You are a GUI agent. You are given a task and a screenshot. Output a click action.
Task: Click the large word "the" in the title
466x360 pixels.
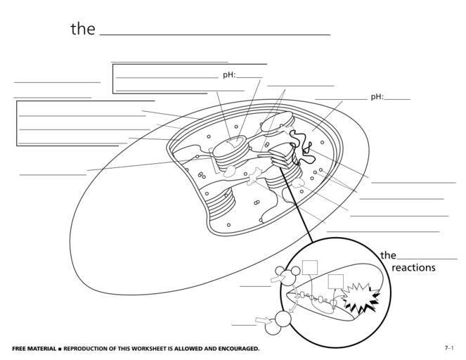82,29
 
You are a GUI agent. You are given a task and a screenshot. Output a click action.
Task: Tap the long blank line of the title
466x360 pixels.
215,34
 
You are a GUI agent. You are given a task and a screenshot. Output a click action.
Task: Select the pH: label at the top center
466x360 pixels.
228,75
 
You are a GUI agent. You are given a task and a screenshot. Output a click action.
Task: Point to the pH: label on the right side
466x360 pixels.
377,97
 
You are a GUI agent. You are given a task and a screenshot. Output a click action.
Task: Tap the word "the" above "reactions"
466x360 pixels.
388,255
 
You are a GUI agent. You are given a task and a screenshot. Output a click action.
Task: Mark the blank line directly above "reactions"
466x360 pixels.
427,259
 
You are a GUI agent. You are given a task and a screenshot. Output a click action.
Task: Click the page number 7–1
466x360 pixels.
448,348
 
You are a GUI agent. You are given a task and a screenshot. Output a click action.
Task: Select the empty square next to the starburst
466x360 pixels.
336,281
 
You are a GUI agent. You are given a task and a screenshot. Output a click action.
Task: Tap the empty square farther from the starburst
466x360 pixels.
310,267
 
